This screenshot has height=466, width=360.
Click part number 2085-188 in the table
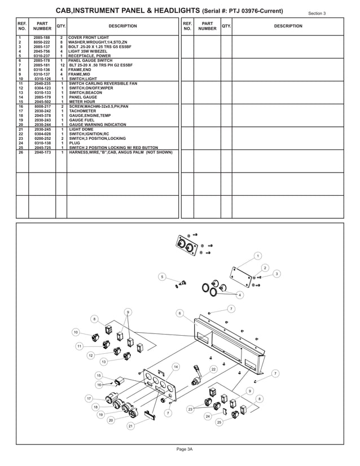[42, 37]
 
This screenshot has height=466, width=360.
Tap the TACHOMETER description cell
[83, 111]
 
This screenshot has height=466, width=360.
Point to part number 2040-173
[42, 152]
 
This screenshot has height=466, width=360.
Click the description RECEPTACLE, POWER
[90, 56]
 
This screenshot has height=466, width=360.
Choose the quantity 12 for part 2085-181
[61, 65]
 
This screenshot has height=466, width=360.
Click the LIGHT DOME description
[82, 129]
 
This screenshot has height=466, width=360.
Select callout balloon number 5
[162, 276]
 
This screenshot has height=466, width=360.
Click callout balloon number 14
[175, 367]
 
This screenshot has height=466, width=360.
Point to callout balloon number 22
[213, 369]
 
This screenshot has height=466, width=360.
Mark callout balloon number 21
[130, 426]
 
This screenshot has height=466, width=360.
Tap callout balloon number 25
[219, 422]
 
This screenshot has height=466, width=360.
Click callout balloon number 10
[76, 332]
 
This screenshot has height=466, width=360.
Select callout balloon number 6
[179, 313]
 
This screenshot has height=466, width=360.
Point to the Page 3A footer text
[185, 449]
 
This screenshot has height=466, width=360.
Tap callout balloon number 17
[89, 398]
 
